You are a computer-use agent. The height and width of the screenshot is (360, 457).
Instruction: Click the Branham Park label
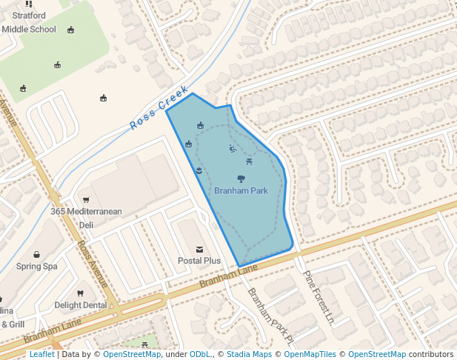[241, 191]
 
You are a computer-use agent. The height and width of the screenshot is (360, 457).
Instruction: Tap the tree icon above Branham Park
[241, 179]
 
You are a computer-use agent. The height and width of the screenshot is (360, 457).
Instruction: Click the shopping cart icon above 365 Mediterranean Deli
[86, 199]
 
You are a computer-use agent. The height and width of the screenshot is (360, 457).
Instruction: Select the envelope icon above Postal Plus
[199, 249]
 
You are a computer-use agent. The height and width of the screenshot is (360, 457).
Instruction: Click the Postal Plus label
[199, 261]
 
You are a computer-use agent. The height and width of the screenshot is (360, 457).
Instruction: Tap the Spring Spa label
[37, 267]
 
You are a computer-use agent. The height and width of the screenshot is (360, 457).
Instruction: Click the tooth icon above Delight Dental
[80, 293]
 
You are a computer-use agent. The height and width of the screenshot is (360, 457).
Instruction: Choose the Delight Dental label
[80, 305]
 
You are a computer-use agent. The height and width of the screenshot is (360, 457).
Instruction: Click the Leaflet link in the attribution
[41, 355]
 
